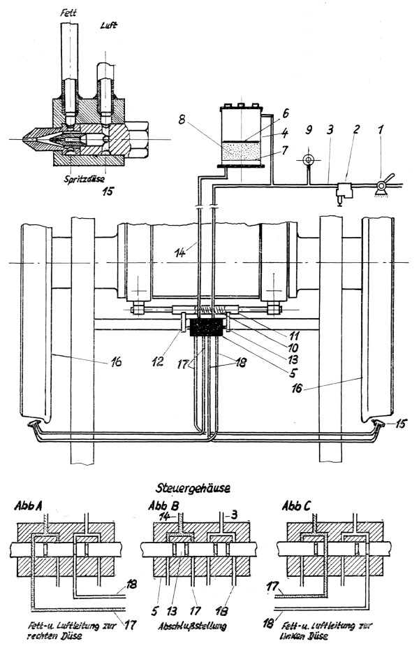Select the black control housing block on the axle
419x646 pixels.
[205, 328]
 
